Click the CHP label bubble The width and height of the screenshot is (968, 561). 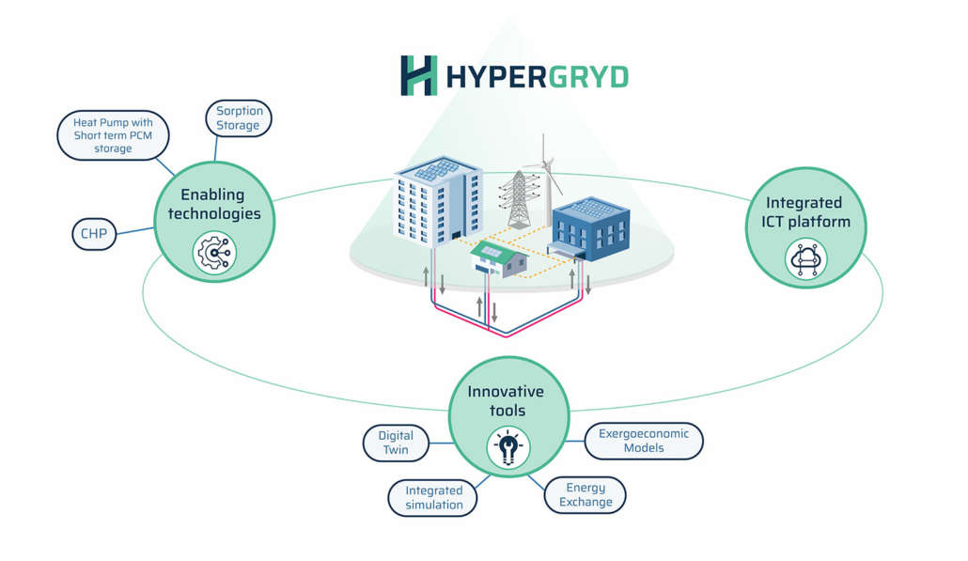pos(94,234)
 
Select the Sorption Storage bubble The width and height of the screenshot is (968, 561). pos(239,117)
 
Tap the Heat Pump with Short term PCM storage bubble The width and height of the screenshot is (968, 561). pos(113,135)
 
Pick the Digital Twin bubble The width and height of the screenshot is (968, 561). pos(396,443)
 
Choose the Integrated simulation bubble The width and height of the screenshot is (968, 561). pos(432,497)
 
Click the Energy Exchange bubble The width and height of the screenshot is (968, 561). pos(585,494)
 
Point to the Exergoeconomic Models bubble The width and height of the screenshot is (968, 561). pos(643,441)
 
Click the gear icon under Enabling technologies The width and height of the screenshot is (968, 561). pos(214,253)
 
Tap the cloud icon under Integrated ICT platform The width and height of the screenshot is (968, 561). pos(805,259)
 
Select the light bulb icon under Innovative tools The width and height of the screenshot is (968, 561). pos(508,447)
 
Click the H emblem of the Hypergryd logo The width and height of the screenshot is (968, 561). pos(418,75)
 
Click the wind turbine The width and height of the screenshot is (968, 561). pos(544,179)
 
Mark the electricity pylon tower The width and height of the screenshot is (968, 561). pos(519,198)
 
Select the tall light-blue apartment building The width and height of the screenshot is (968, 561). pos(438,202)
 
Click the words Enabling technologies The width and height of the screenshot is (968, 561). pos(214,204)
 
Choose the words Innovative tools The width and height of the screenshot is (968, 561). pos(507,401)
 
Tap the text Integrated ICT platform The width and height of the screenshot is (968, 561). pos(805,212)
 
